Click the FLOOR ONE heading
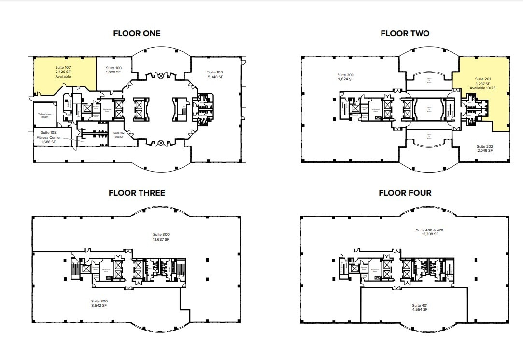[x=137, y=33]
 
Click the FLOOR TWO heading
[x=405, y=33]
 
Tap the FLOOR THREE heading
[x=137, y=193]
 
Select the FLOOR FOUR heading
[x=405, y=193]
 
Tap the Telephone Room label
[x=44, y=116]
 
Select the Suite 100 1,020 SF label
[x=113, y=71]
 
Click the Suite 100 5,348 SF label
[x=215, y=74]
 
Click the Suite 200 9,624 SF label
[x=345, y=77]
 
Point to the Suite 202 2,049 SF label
[x=484, y=148]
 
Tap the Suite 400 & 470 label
[x=429, y=232]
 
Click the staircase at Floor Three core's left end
[x=75, y=269]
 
